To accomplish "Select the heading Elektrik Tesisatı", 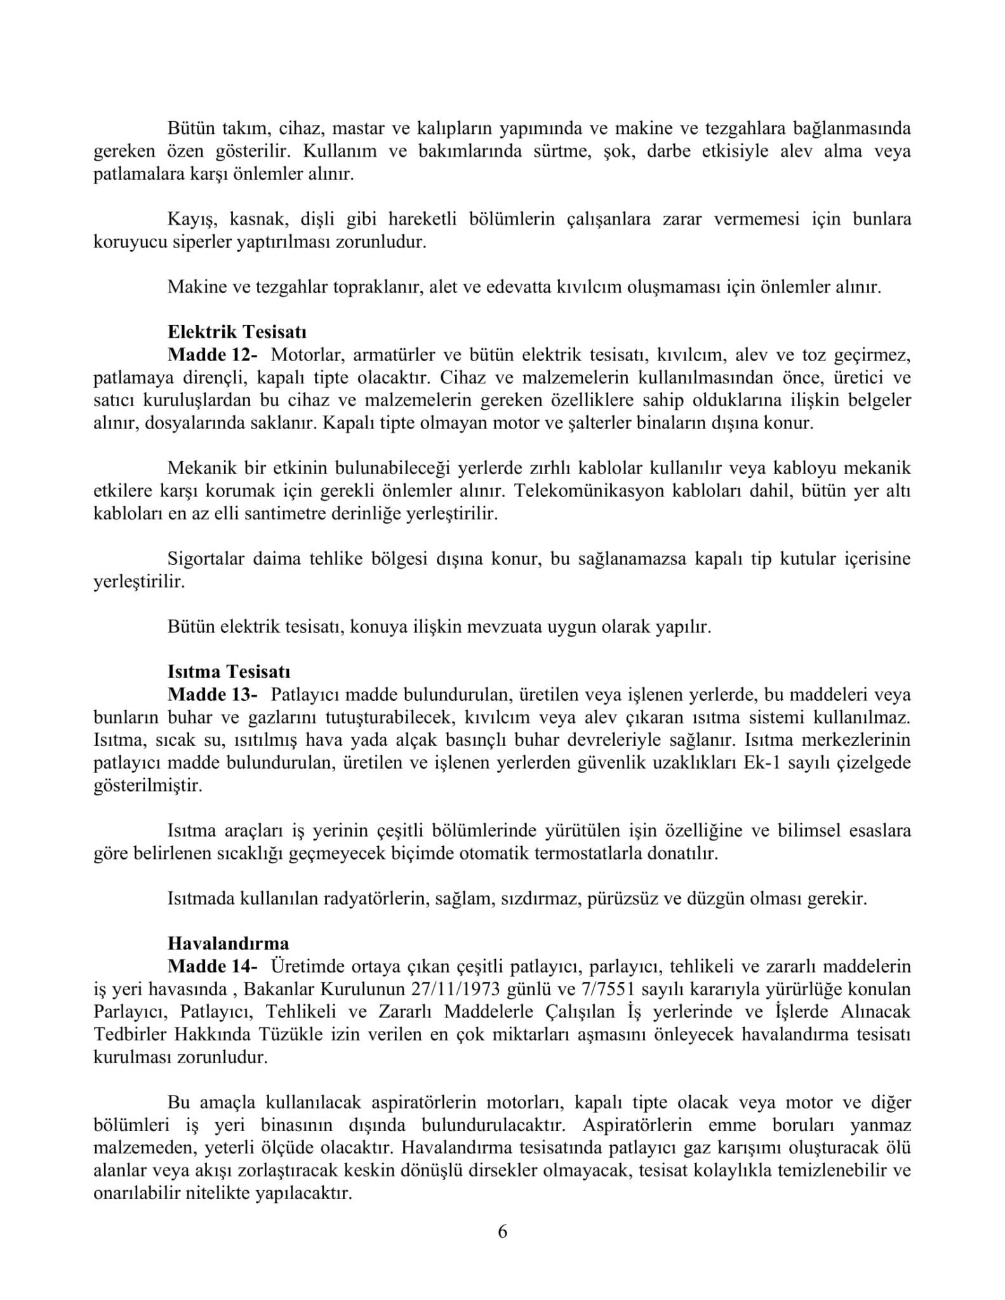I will pyautogui.click(x=237, y=332).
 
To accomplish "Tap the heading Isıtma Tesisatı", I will pyautogui.click(x=229, y=672).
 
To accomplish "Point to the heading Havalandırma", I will pyautogui.click(x=228, y=943).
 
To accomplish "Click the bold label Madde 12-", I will pyautogui.click(x=213, y=355).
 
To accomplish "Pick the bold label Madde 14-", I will pyautogui.click(x=213, y=966).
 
